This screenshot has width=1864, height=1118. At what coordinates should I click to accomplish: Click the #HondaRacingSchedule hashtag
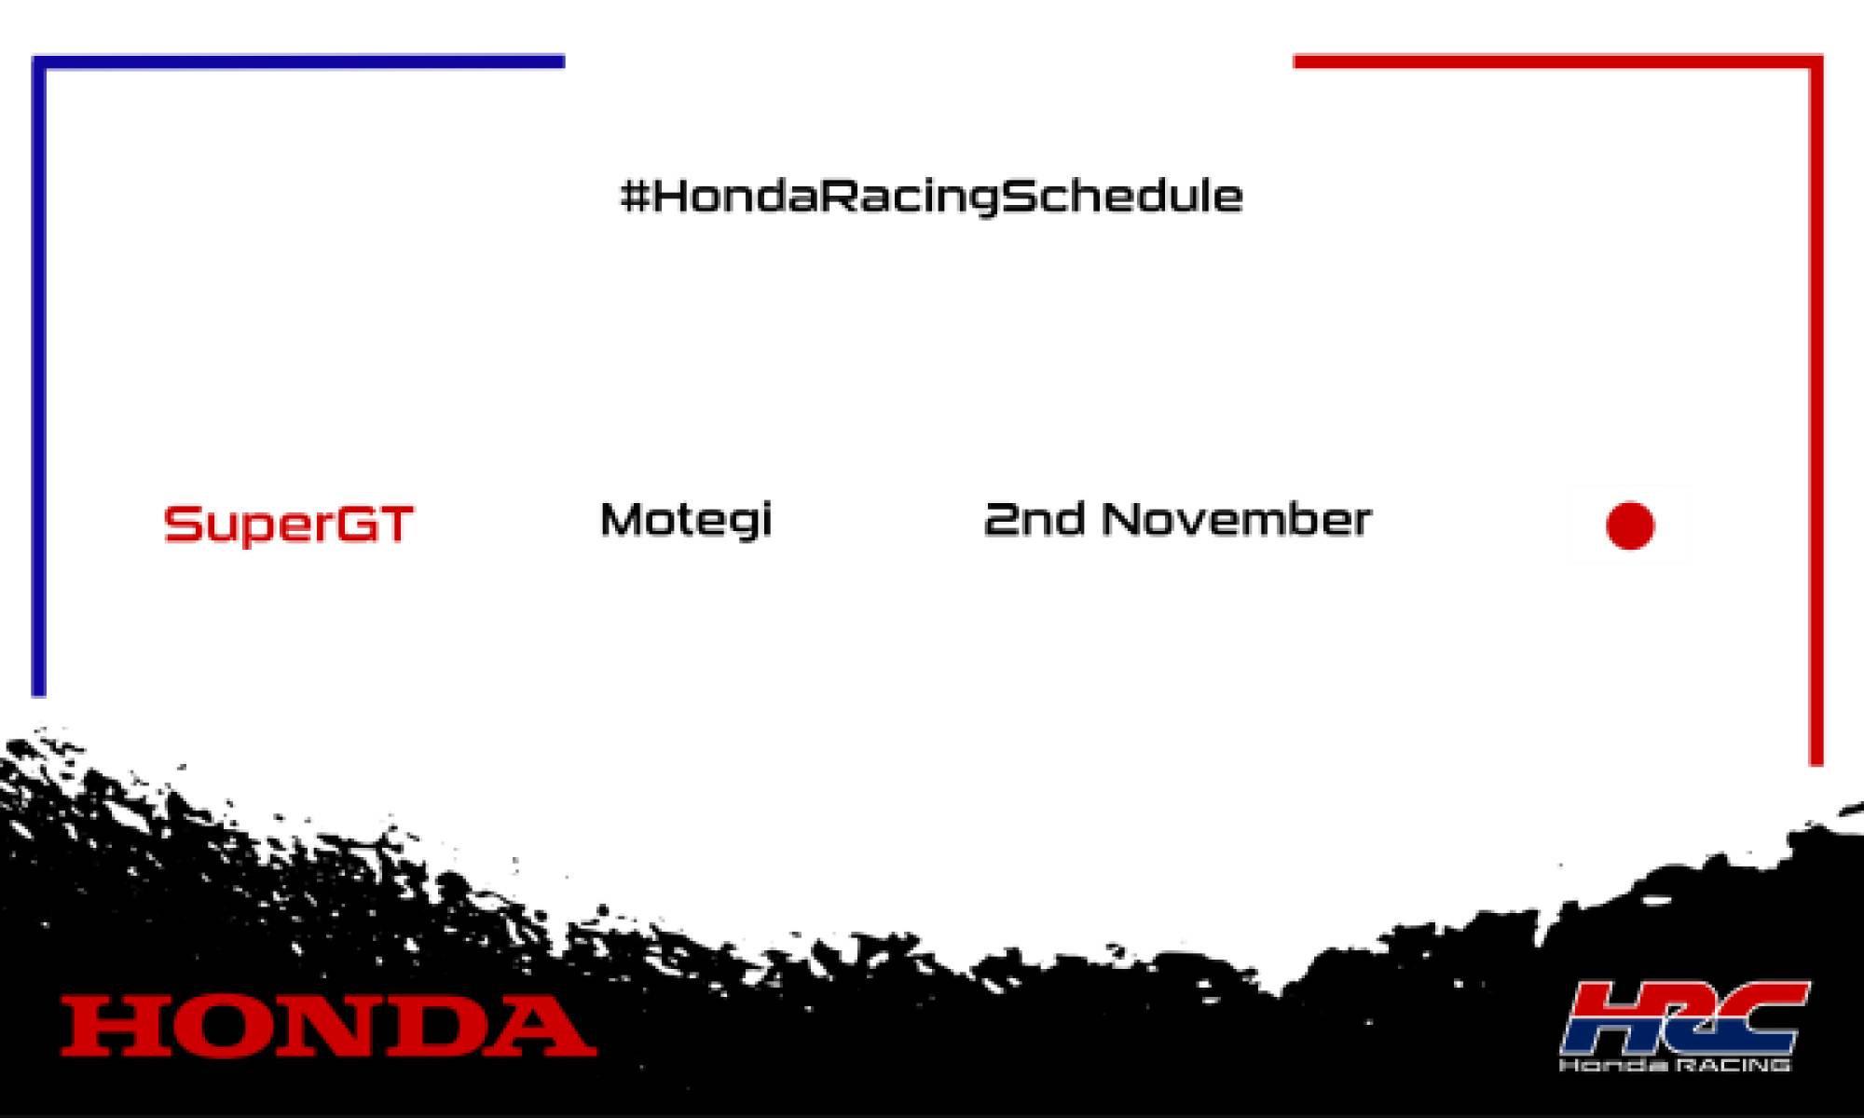point(932,197)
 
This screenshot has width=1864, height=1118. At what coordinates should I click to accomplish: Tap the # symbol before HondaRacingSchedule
point(634,197)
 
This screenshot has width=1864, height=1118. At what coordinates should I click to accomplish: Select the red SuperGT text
point(288,524)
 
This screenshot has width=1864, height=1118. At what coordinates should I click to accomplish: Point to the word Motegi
point(686,520)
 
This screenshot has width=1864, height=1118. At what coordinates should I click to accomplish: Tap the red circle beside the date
point(1630,525)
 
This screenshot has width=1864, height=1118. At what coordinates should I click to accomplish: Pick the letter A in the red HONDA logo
point(542,1026)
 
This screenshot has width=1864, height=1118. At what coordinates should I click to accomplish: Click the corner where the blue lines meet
point(39,62)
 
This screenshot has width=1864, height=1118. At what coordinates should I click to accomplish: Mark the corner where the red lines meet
point(1816,62)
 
